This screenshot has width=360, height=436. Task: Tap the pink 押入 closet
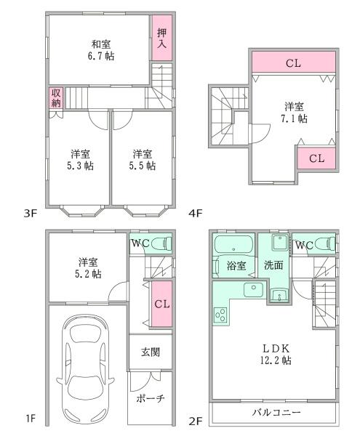click(x=162, y=39)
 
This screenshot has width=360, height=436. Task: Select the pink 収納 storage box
click(x=56, y=98)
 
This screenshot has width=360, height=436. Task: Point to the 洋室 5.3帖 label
click(x=81, y=159)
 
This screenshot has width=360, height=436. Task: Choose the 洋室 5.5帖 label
click(x=143, y=159)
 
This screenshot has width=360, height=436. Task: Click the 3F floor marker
click(x=30, y=214)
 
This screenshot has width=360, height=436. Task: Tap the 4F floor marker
click(x=195, y=214)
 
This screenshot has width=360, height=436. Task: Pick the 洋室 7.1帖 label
click(x=295, y=112)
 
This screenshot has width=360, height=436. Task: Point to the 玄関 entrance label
click(x=151, y=352)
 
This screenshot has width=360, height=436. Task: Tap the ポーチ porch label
click(x=151, y=399)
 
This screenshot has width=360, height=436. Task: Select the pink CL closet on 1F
click(x=162, y=304)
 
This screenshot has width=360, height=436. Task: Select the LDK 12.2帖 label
click(x=275, y=354)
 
